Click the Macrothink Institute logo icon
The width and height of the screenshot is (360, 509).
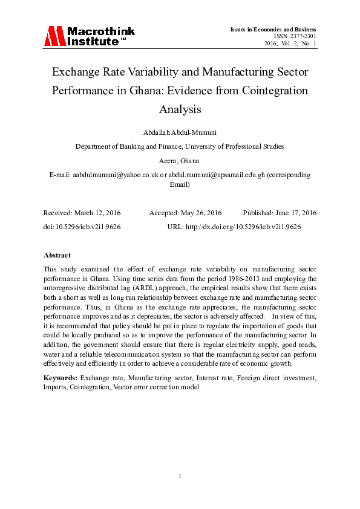tap(54, 36)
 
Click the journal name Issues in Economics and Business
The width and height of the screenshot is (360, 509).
tap(273, 30)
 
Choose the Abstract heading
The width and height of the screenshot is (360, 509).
tap(57, 255)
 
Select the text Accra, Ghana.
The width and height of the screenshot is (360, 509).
tap(180, 161)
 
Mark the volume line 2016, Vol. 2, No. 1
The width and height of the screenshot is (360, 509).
tap(290, 44)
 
